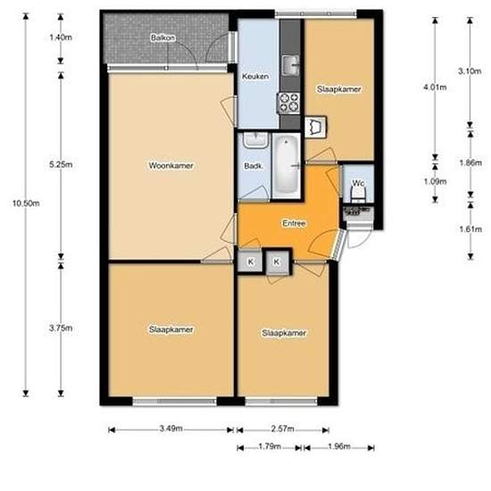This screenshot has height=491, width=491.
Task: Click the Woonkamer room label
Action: pos(171,165)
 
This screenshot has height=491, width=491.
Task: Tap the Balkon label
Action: pos(162,39)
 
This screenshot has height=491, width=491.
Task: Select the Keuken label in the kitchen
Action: pos(255,77)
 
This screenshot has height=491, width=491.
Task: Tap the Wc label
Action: pos(357,184)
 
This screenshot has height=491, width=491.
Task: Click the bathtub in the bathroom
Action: pos(286,166)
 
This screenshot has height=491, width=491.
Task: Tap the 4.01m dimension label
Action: pos(435,87)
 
